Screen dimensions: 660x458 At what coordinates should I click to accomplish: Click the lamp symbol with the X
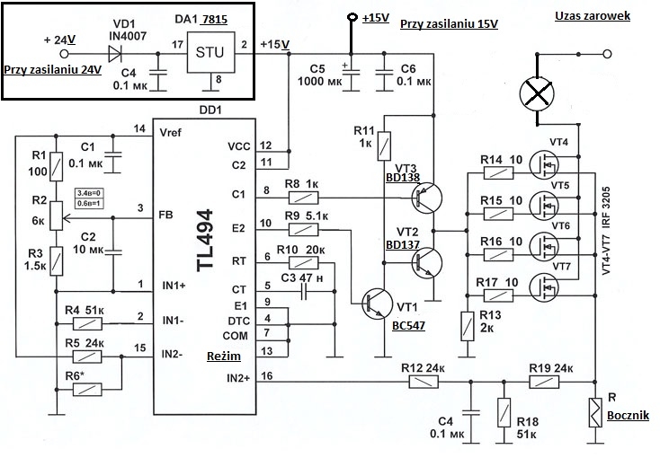point(537,94)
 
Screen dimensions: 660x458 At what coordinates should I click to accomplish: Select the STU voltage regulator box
point(210,52)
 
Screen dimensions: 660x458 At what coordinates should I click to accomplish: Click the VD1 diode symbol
point(115,54)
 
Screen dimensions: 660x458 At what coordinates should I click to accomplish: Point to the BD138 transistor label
point(403,178)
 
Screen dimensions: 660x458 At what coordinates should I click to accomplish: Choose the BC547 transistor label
point(409,325)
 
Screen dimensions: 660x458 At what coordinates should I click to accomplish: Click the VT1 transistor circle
point(377,304)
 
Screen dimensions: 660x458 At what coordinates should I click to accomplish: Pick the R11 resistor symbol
point(384,146)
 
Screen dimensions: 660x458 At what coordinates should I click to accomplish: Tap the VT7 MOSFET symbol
point(544,287)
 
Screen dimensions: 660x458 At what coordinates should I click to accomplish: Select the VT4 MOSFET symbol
point(544,165)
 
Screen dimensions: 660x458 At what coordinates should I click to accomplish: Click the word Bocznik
point(628,416)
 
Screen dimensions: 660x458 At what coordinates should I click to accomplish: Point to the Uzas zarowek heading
point(593,16)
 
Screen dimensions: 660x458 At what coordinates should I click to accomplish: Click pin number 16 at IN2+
point(266,375)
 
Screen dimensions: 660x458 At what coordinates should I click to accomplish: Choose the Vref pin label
point(171,133)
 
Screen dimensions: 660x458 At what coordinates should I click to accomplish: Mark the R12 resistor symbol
point(424,382)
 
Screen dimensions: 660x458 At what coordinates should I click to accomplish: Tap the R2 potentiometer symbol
point(56,216)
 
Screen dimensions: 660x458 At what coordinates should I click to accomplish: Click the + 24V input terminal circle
point(64,54)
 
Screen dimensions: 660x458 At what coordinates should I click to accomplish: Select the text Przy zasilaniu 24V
point(53,69)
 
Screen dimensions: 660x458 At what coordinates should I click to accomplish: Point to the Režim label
point(224,357)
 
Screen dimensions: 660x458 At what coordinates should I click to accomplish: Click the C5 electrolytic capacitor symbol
point(352,75)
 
